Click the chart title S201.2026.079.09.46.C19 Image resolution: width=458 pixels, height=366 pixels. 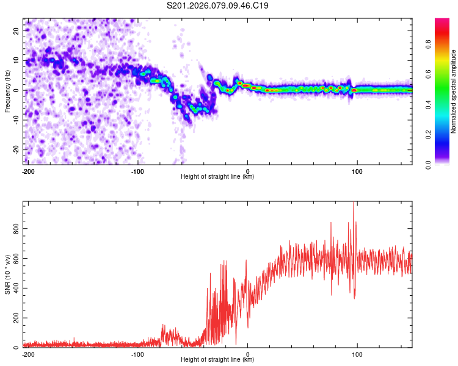click(x=218, y=6)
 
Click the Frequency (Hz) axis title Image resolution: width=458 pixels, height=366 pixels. click(x=8, y=91)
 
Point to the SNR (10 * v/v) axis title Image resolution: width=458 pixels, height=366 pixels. click(x=8, y=274)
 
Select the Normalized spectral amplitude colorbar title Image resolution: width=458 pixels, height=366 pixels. click(x=453, y=91)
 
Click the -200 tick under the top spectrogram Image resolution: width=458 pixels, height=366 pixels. click(x=28, y=170)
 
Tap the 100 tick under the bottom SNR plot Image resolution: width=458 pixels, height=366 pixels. click(x=357, y=354)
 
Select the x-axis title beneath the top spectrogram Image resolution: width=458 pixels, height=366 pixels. click(x=217, y=177)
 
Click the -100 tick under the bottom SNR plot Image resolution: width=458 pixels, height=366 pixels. click(x=137, y=354)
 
